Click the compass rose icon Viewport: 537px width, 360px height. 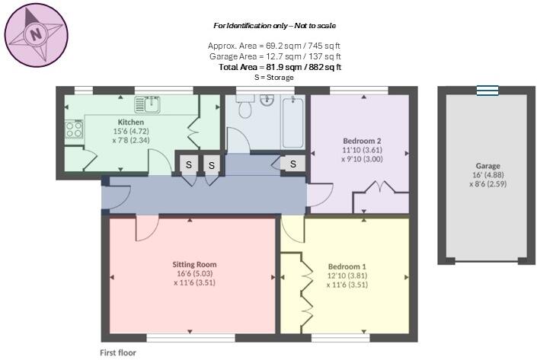34,33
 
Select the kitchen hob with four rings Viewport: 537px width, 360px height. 74,130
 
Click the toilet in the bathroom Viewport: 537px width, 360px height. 245,110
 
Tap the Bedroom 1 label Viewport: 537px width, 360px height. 347,267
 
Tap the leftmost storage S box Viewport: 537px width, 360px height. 187,164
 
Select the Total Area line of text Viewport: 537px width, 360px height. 280,67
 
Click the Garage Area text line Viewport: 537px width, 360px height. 275,56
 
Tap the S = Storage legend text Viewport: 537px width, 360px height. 274,77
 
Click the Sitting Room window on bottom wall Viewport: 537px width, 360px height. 190,336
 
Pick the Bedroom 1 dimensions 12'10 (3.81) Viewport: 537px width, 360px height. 347,276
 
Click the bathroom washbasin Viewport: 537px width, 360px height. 266,99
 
